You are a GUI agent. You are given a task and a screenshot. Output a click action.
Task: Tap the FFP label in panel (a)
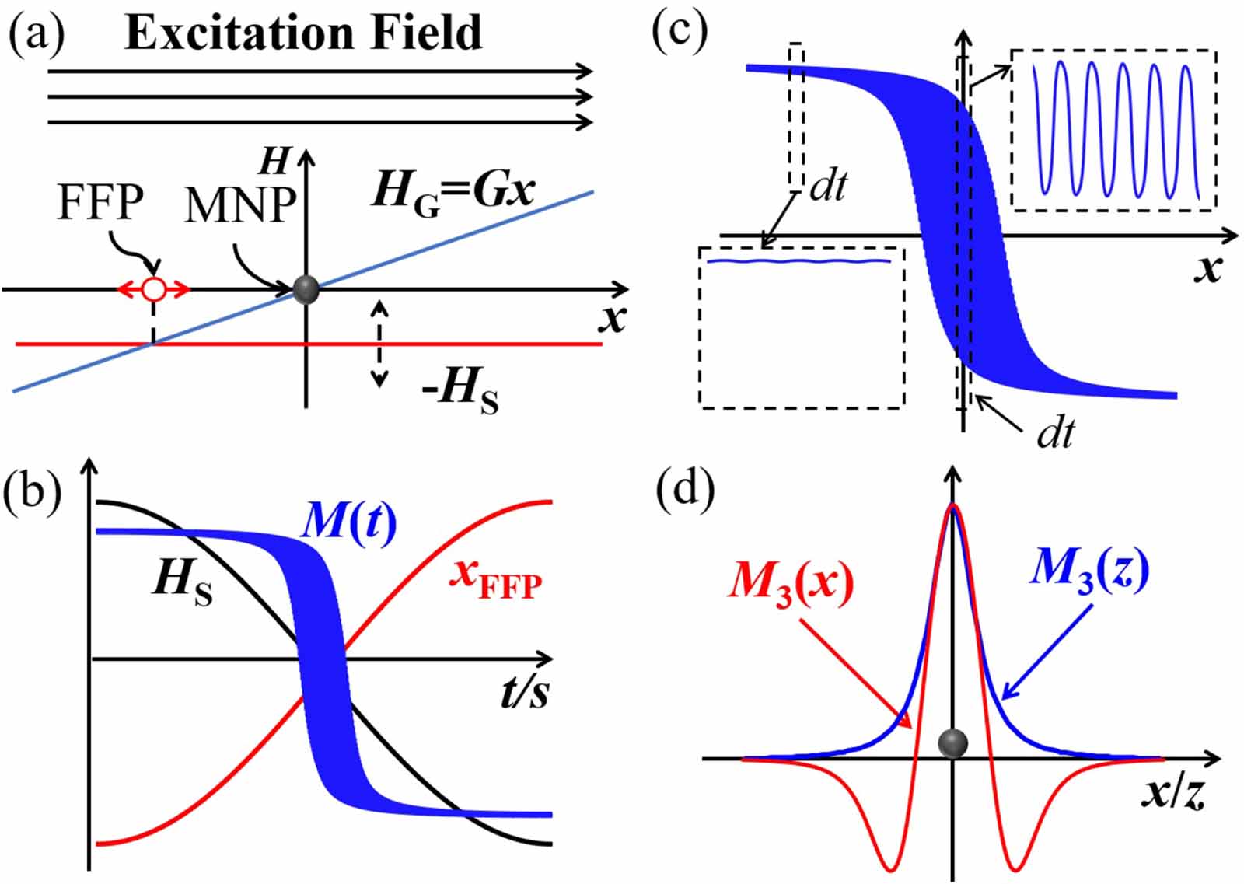(100, 203)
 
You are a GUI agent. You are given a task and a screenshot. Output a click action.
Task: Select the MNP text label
(240, 206)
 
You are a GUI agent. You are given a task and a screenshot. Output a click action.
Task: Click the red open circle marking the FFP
(154, 290)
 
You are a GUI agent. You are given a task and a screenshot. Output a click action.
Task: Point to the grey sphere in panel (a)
(306, 289)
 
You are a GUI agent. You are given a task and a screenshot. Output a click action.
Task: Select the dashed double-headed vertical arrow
(379, 343)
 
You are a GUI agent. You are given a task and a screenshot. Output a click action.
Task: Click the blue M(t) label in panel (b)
(348, 522)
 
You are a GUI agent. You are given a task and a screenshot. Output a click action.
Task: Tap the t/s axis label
(524, 690)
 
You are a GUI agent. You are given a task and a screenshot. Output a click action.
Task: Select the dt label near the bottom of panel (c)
(1055, 432)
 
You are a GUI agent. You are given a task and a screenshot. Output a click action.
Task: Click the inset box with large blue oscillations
(1113, 130)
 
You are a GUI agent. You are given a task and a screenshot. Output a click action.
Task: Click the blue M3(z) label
(1088, 571)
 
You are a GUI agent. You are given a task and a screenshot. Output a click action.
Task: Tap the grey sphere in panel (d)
(952, 743)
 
